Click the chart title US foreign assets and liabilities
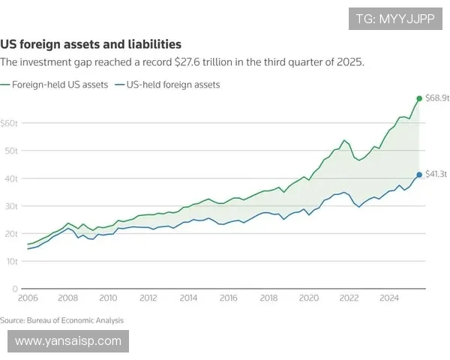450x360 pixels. pos(91,45)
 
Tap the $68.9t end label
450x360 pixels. pos(436,98)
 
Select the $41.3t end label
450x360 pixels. pos(436,174)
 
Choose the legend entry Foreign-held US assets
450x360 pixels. pos(59,85)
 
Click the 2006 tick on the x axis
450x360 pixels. pos(28,298)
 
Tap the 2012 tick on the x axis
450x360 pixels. pos(148,298)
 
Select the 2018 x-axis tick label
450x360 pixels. pos(268,298)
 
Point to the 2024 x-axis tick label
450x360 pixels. pos(388,298)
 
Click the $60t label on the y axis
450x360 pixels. pos(9,123)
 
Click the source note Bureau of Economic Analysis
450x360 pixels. pos(62,320)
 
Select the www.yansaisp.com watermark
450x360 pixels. pos(68,341)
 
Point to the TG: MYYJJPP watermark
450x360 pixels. pos(396,18)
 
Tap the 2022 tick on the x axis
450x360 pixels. pos(348,298)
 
